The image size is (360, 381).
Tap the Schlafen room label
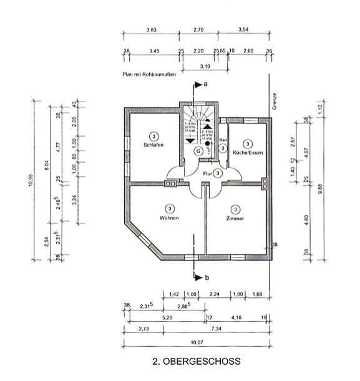[153, 145]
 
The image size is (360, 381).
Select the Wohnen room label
[168, 218]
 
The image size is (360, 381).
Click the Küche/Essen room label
[247, 152]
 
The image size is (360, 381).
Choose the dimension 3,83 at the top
[151, 30]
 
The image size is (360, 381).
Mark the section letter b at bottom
[205, 278]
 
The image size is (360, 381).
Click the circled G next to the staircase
[198, 150]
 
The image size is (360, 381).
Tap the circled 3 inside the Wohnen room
[168, 208]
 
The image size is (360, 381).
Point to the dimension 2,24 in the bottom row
[214, 294]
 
